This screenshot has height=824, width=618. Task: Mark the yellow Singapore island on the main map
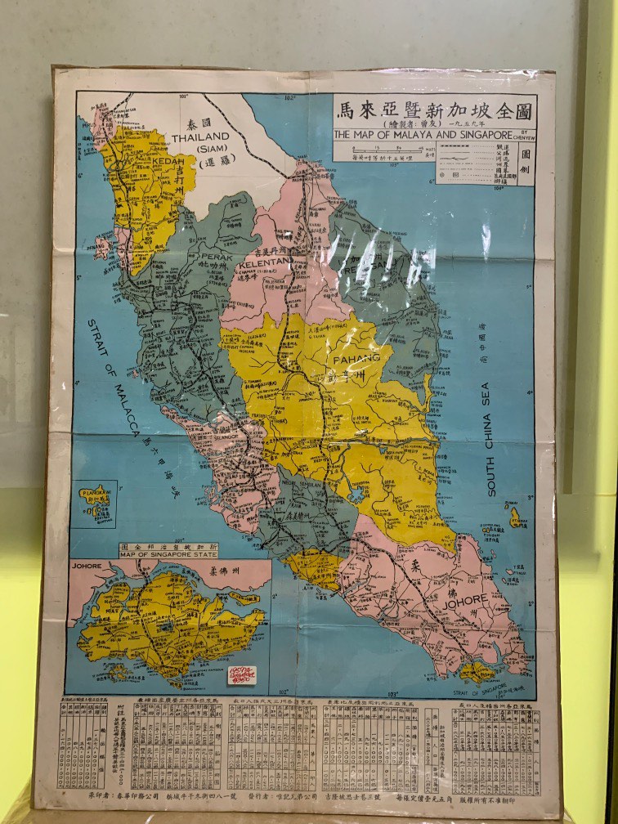pyautogui.click(x=477, y=672)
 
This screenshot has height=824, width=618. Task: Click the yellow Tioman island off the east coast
pyautogui.click(x=515, y=517)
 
